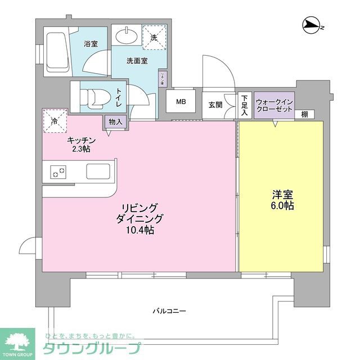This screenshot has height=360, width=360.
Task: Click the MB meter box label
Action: [x=181, y=102]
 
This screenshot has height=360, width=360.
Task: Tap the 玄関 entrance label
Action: [x=215, y=104]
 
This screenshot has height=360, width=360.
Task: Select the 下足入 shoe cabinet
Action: [x=245, y=106]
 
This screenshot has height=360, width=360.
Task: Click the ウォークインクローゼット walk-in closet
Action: [x=273, y=105]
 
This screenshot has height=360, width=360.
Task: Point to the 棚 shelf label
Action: [x=304, y=114]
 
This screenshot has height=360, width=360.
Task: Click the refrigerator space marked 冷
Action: [x=55, y=120]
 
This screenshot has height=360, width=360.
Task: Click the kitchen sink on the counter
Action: [x=99, y=170]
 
